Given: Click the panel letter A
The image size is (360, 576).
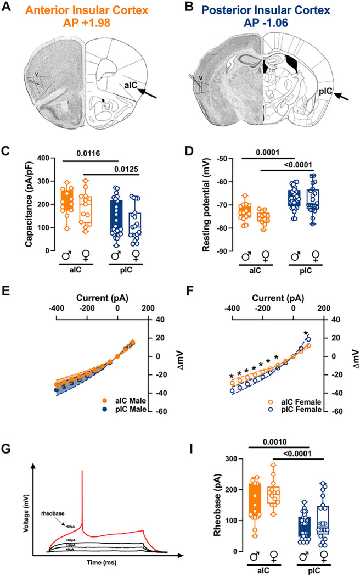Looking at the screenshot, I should pos(7,8).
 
